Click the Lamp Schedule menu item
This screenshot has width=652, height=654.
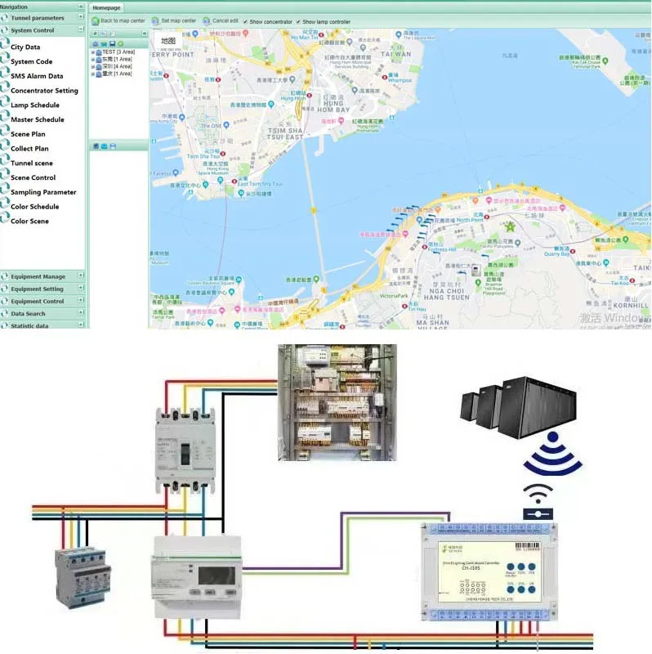pyautogui.click(x=34, y=105)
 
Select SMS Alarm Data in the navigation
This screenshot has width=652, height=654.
pyautogui.click(x=37, y=76)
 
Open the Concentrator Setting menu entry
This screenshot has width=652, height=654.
pyautogui.click(x=44, y=91)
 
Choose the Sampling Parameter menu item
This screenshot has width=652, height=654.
pyautogui.click(x=43, y=192)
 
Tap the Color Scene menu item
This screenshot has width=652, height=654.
pyautogui.click(x=29, y=222)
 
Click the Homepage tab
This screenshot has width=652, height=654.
pyautogui.click(x=106, y=7)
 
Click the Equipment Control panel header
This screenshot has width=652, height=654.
pyautogui.click(x=38, y=301)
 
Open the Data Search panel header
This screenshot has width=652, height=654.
pyautogui.click(x=29, y=313)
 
